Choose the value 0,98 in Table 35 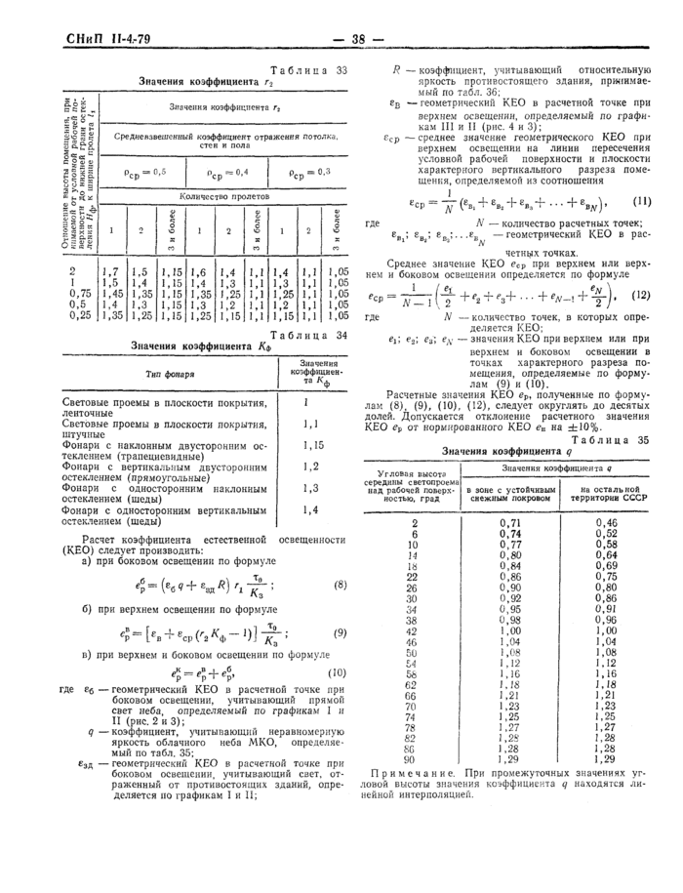(509, 619)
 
